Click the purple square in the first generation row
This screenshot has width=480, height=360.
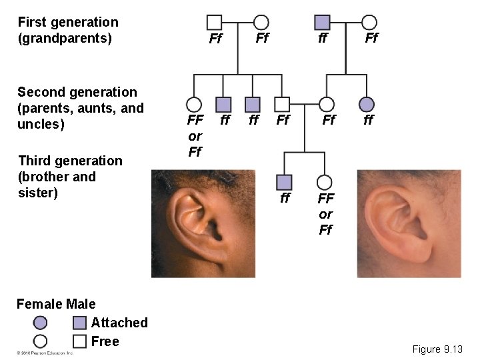(x=323, y=22)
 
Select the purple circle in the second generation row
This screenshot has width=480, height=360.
(x=367, y=104)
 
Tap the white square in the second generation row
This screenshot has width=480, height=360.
(x=283, y=104)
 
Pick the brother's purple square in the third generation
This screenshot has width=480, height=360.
(x=285, y=181)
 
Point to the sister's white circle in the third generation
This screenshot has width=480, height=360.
(x=325, y=181)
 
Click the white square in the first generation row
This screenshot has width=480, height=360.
(x=215, y=22)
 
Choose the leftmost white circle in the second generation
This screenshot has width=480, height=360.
(x=194, y=104)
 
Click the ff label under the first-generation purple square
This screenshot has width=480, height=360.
(x=323, y=39)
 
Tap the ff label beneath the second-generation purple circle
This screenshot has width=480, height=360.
(x=368, y=121)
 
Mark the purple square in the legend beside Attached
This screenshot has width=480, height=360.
(x=80, y=323)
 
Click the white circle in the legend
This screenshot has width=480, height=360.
(x=40, y=341)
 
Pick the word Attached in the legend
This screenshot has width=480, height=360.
(x=119, y=323)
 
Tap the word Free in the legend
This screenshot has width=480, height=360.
(x=105, y=341)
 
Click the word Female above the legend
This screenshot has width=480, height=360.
(x=38, y=304)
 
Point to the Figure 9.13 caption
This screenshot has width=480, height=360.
(x=437, y=349)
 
